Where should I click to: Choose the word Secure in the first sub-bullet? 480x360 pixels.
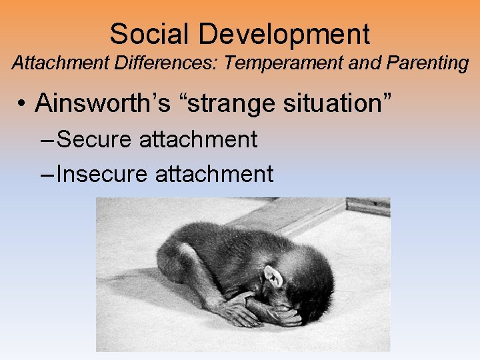click(95, 139)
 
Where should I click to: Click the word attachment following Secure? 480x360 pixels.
click(198, 139)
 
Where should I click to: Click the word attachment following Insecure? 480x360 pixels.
click(214, 174)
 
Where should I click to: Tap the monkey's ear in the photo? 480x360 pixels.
click(272, 276)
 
